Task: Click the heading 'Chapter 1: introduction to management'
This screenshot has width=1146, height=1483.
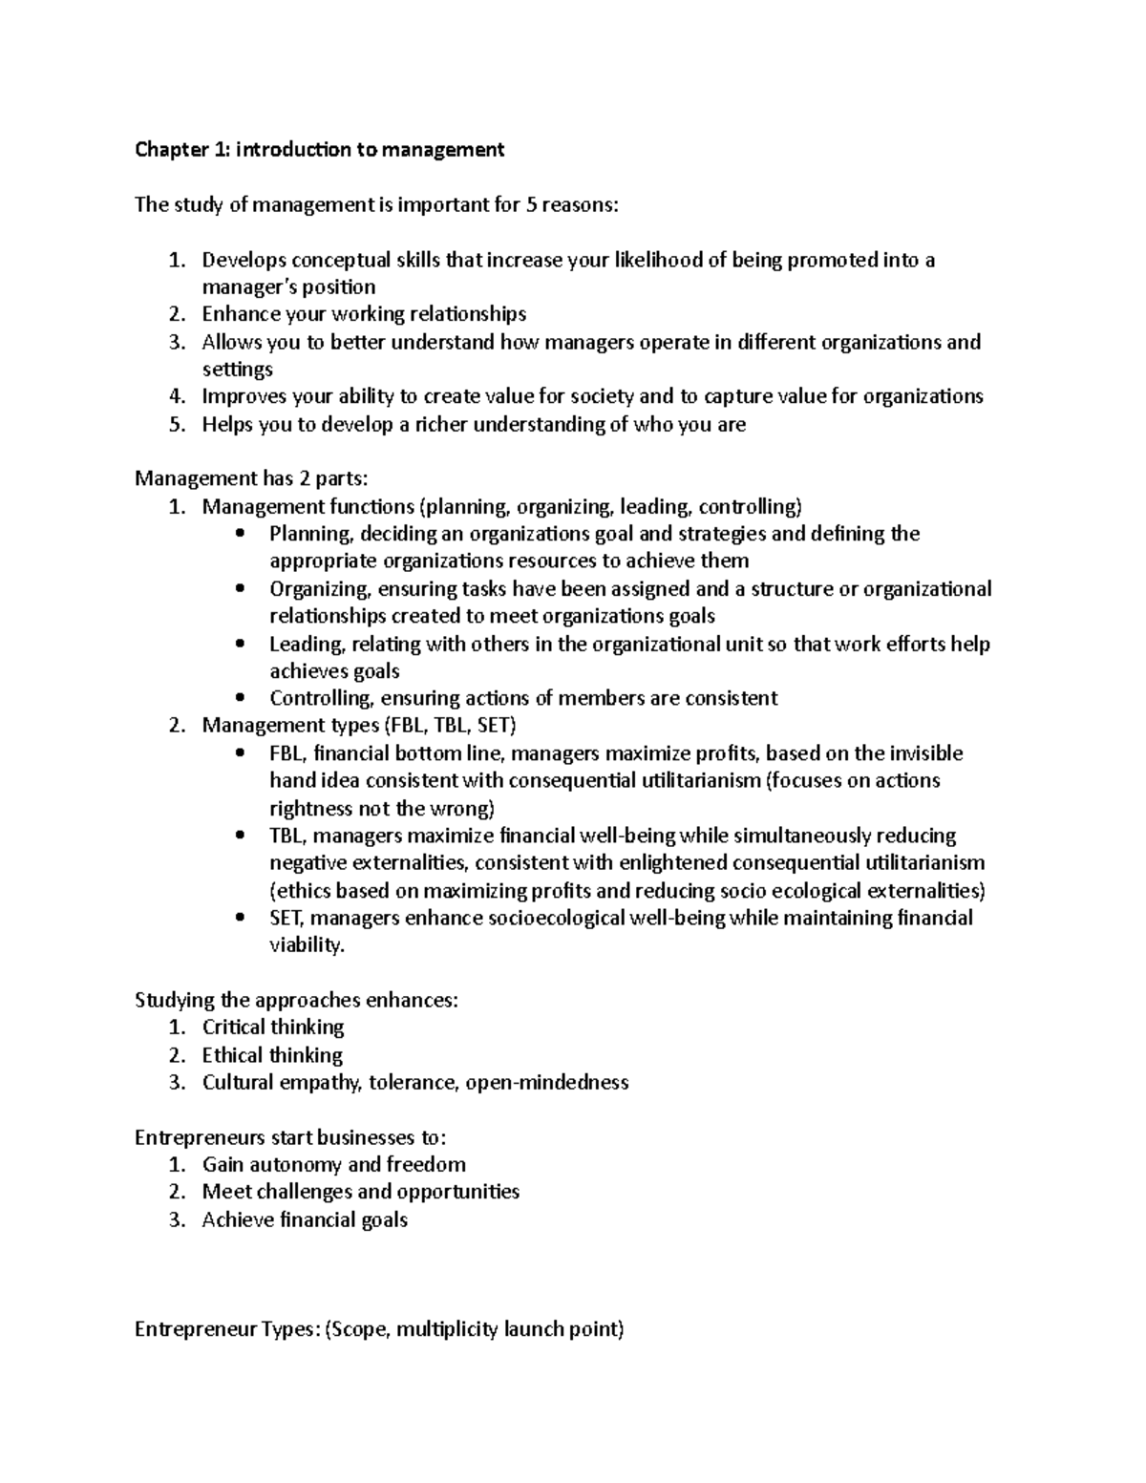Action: [319, 149]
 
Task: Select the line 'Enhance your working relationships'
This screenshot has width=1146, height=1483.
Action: [364, 314]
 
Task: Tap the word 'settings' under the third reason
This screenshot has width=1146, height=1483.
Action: [237, 370]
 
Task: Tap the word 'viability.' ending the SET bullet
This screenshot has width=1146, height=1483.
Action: [306, 945]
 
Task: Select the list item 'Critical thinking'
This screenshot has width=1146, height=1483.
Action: [273, 1028]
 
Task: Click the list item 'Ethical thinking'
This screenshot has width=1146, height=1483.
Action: [272, 1055]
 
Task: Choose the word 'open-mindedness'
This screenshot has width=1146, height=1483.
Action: [547, 1083]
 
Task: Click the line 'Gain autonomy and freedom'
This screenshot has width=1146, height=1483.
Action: [334, 1165]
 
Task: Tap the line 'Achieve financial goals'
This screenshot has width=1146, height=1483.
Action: [305, 1220]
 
